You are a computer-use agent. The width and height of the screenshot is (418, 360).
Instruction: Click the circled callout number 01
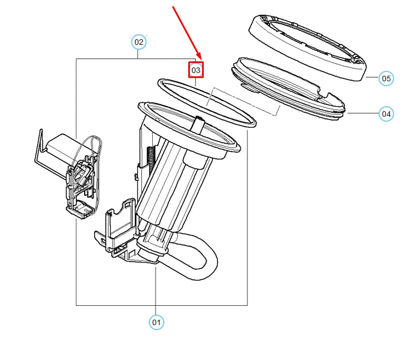157,322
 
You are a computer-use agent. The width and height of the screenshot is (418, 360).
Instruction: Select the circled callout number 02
138,41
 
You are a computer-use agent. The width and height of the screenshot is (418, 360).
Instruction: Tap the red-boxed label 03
196,70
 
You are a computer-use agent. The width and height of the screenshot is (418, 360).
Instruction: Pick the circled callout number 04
386,114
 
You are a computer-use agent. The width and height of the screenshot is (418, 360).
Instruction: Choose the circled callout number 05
386,79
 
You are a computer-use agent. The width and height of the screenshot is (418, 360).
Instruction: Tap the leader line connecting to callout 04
363,113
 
